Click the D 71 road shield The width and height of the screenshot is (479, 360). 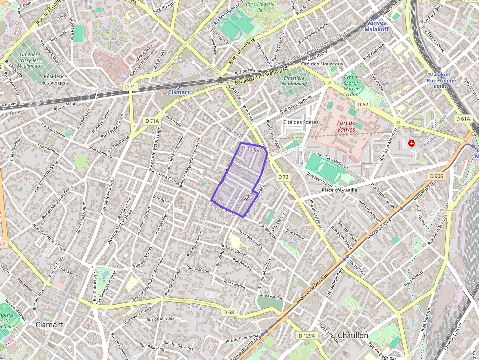pyautogui.click(x=130, y=87)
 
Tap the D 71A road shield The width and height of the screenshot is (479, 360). pyautogui.click(x=152, y=121)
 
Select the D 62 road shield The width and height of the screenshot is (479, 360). pyautogui.click(x=363, y=105)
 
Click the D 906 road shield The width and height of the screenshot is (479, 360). pyautogui.click(x=436, y=176)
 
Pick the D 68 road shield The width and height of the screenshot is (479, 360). pyautogui.click(x=229, y=312)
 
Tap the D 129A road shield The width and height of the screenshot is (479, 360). pyautogui.click(x=307, y=336)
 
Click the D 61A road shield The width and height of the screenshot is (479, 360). pyautogui.click(x=462, y=119)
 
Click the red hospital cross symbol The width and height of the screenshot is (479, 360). pyautogui.click(x=412, y=143)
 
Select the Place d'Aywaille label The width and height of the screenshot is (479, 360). pyautogui.click(x=340, y=190)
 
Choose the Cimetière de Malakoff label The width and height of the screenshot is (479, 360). pyautogui.click(x=294, y=81)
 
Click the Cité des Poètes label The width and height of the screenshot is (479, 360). pyautogui.click(x=301, y=122)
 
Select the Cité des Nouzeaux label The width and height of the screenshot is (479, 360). pyautogui.click(x=322, y=64)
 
